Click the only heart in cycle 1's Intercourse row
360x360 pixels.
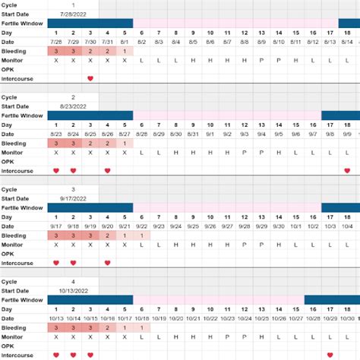pyautogui.click(x=90, y=78)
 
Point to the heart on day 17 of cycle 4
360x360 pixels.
pyautogui.click(x=330, y=355)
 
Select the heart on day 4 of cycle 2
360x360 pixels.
pyautogui.click(x=107, y=170)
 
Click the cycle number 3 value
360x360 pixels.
pyautogui.click(x=73, y=188)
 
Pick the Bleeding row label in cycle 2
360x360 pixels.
pyautogui.click(x=14, y=143)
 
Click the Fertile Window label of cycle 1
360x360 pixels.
pyautogui.click(x=21, y=23)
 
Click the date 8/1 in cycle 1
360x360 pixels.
pyautogui.click(x=125, y=41)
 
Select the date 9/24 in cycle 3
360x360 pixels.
pyautogui.click(x=175, y=226)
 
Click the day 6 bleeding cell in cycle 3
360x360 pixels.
pyautogui.click(x=141, y=235)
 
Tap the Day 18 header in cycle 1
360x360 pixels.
pyautogui.click(x=346, y=33)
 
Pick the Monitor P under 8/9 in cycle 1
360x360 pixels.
pyautogui.click(x=261, y=59)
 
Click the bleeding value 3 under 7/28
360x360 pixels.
pyautogui.click(x=56, y=50)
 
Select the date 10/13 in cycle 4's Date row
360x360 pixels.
pyautogui.click(x=56, y=317)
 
